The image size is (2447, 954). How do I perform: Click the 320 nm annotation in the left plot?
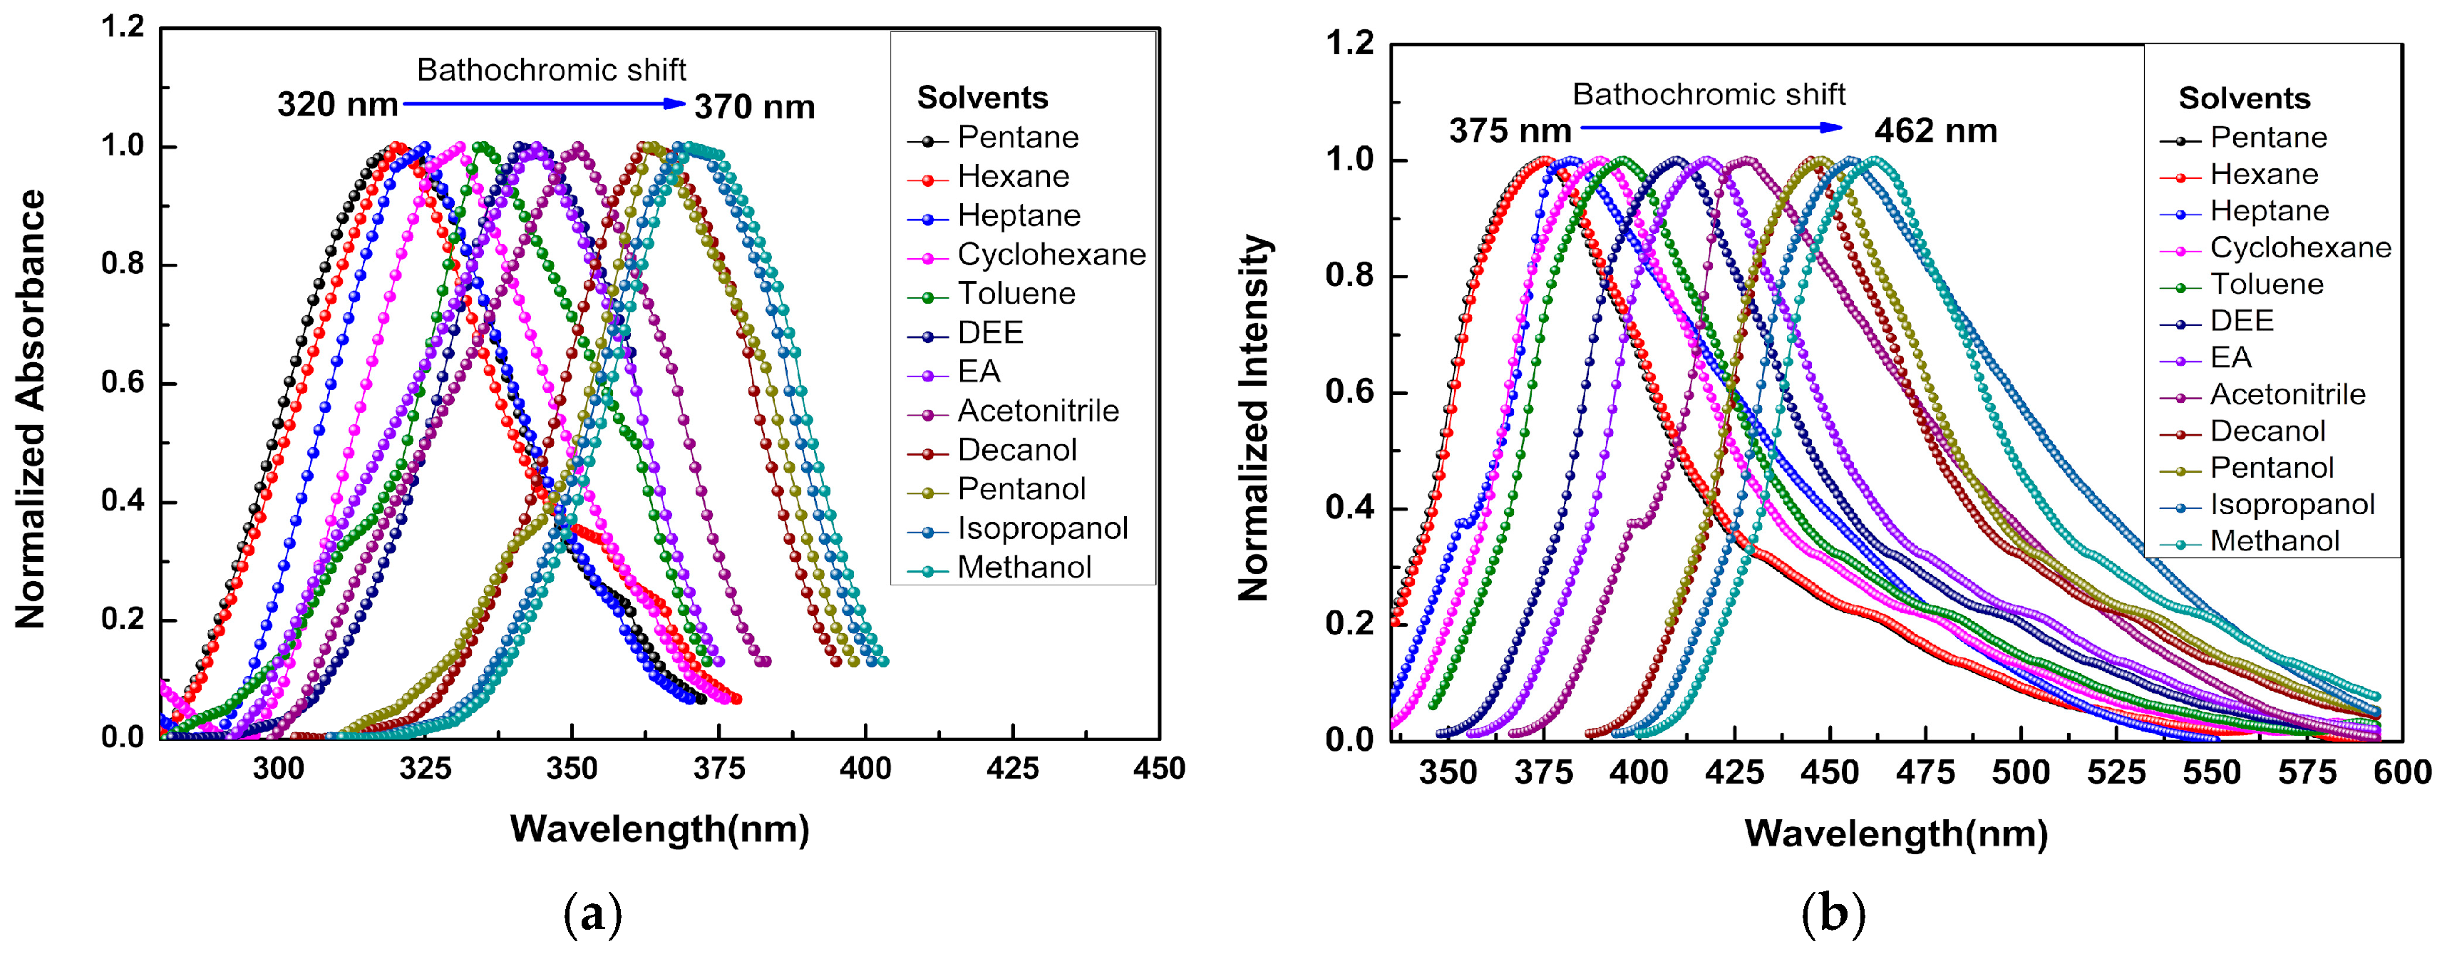tap(337, 105)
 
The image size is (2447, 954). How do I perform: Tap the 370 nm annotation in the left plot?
tap(754, 108)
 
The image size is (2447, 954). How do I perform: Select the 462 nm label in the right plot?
tap(1935, 130)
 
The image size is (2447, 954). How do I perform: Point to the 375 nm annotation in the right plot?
tap(1510, 130)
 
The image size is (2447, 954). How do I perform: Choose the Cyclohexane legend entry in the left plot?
tap(1051, 255)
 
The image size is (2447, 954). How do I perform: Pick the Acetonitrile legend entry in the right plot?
tap(2287, 394)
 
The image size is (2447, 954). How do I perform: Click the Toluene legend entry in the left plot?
tap(1016, 294)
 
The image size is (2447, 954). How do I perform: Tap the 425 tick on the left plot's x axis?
tap(1011, 768)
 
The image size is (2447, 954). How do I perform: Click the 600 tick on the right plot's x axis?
tap(2402, 771)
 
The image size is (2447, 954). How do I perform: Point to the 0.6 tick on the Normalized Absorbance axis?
tap(123, 383)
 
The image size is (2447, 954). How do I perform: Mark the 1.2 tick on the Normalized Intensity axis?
tap(1349, 43)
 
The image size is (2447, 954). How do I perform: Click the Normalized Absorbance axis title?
tap(31, 409)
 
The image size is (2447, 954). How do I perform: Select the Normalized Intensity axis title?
tap(1254, 418)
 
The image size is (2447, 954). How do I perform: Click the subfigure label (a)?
tap(593, 914)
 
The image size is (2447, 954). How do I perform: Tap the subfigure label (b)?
tap(1833, 914)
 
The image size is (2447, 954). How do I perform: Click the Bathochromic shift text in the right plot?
tap(1708, 94)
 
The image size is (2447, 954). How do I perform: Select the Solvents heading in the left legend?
tap(982, 98)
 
